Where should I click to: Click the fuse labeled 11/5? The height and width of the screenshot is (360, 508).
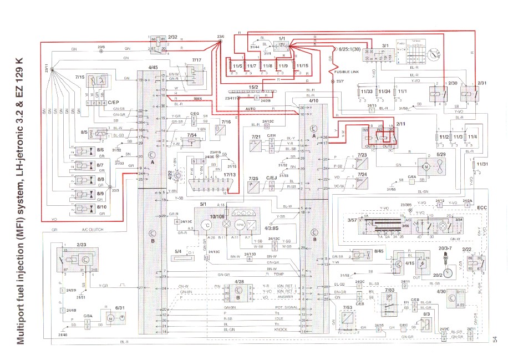pyautogui.click(x=237, y=65)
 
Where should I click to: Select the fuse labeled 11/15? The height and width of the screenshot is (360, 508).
pyautogui.click(x=302, y=65)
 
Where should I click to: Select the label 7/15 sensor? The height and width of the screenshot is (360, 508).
pyautogui.click(x=79, y=77)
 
